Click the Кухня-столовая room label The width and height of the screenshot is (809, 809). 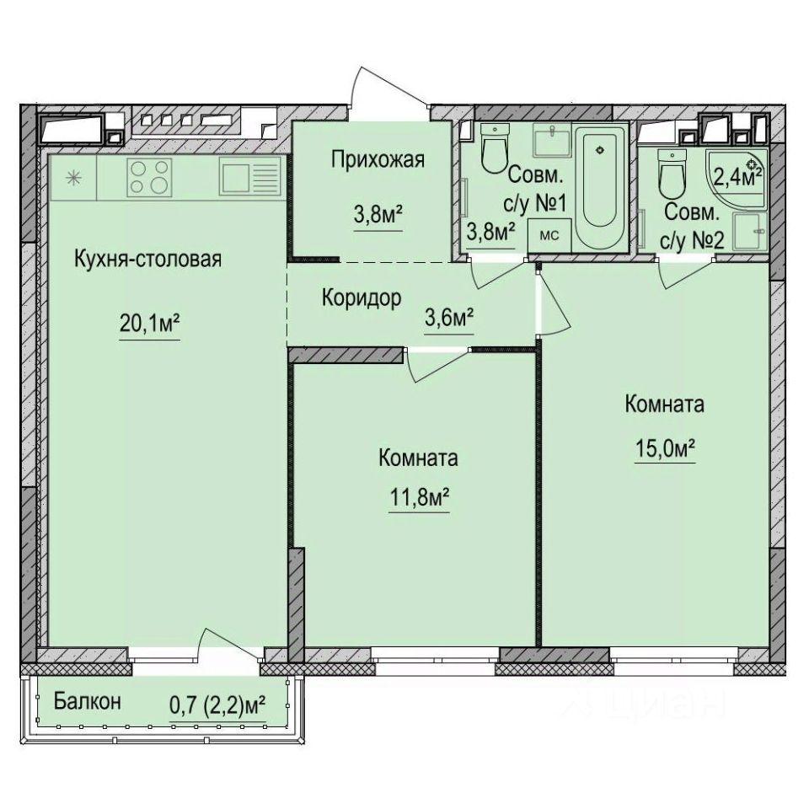coord(147,260)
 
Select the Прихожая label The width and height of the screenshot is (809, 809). coord(377,159)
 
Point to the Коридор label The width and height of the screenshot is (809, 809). coord(361,297)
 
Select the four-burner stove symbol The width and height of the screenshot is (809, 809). coord(150,178)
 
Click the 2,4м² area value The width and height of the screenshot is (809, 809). coord(734,177)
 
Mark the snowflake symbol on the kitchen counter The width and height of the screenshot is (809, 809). coord(73,178)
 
